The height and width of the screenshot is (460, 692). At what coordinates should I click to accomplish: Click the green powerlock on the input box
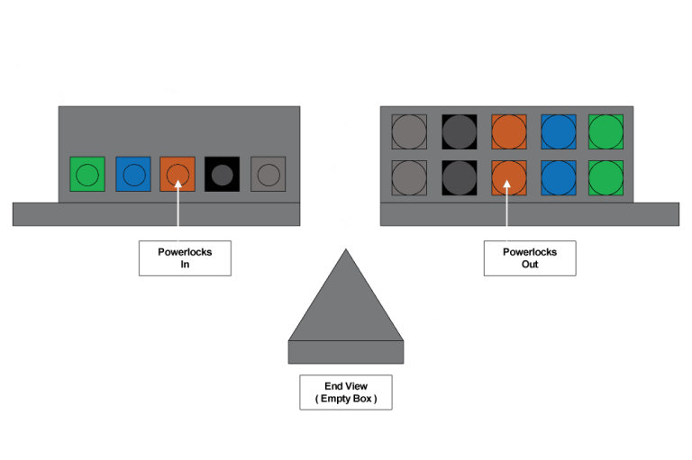point(87,175)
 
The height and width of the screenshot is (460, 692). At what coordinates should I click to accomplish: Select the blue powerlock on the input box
point(133,175)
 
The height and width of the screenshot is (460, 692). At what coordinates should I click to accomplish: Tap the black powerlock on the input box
point(222,175)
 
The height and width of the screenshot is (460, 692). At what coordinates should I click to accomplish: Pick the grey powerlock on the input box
point(268,175)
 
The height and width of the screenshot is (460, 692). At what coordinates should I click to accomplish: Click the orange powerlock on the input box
point(178,175)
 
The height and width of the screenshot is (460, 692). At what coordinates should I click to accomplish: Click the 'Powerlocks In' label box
point(185,258)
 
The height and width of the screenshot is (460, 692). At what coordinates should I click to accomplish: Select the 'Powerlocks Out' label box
point(529,258)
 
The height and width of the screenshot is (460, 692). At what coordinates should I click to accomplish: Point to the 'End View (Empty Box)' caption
point(346,392)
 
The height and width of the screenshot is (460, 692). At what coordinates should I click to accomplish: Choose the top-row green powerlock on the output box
point(605,131)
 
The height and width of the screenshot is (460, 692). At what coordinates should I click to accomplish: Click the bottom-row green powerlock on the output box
point(605,177)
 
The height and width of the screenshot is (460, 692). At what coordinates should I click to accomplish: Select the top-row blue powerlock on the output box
point(558,131)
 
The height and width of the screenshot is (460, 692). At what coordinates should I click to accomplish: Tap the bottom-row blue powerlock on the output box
point(558,177)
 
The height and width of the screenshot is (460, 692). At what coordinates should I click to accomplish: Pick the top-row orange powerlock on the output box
point(508,131)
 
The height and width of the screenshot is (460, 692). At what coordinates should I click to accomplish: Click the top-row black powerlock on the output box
point(459,131)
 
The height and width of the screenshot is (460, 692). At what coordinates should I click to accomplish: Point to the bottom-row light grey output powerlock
point(409,177)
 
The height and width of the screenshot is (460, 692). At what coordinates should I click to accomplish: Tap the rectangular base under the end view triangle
point(346,352)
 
